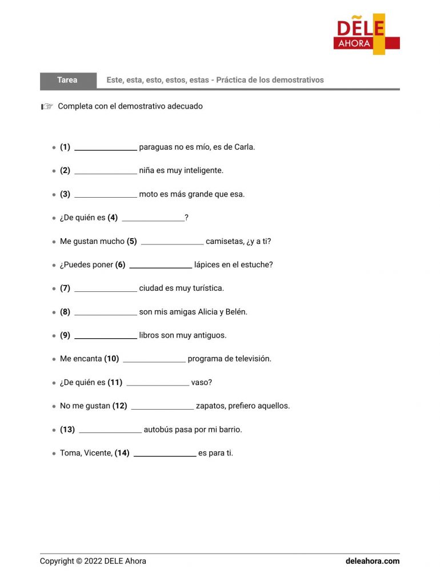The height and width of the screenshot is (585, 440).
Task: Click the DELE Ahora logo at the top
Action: point(366,35)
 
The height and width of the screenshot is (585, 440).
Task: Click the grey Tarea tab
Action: point(67,81)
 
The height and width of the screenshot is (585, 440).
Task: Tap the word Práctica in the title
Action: point(231,81)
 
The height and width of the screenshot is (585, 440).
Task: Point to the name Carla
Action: point(244,147)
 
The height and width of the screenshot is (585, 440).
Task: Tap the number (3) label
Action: point(65,194)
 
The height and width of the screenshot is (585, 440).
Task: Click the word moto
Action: point(149,194)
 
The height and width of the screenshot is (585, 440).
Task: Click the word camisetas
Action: point(225,242)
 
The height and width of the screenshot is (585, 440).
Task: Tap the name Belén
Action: point(235,312)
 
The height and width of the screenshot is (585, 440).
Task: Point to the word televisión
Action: point(250,359)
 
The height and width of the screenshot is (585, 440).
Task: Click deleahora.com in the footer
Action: point(373,561)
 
